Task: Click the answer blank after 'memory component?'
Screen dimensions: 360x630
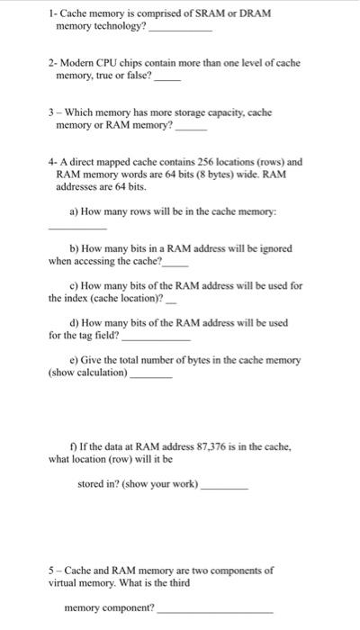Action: [215, 611]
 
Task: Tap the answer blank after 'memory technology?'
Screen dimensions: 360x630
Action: [180, 30]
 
